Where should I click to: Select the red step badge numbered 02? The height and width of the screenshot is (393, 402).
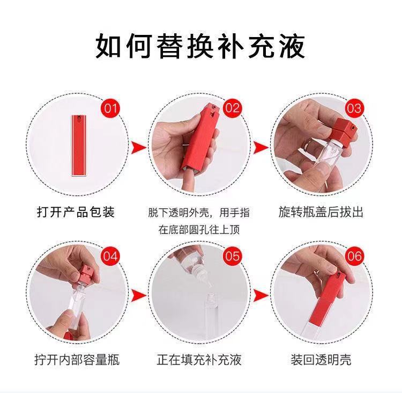(232, 108)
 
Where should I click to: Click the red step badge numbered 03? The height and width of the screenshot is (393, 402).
(354, 108)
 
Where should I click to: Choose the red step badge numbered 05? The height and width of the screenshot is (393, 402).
(232, 256)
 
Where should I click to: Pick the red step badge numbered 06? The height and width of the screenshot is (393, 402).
(355, 256)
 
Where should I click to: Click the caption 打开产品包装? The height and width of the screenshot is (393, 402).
(76, 213)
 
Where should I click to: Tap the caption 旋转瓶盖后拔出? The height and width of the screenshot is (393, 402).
(321, 213)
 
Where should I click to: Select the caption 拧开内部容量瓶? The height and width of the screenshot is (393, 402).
(77, 360)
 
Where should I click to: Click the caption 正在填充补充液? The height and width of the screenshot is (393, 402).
(199, 360)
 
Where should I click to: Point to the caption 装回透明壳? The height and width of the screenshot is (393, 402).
(321, 360)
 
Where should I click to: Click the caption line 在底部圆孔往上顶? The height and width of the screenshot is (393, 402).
(199, 229)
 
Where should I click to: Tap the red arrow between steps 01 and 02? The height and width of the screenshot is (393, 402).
(138, 148)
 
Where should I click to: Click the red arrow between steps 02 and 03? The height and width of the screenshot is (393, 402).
(260, 148)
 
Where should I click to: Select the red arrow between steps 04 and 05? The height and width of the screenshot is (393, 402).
(138, 295)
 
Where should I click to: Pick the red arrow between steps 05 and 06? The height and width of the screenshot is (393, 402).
(260, 295)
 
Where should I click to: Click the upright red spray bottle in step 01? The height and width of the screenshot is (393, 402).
(79, 145)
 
